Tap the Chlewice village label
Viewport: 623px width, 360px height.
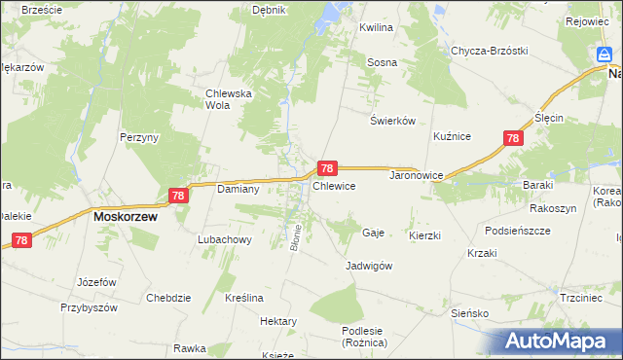pyautogui.click(x=333, y=185)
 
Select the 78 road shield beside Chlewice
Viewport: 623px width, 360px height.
pyautogui.click(x=328, y=168)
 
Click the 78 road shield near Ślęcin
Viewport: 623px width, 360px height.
pyautogui.click(x=513, y=139)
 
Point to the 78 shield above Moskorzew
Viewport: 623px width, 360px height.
pyautogui.click(x=177, y=196)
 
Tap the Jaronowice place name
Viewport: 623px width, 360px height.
pyautogui.click(x=417, y=176)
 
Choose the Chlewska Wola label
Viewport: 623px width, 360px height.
pyautogui.click(x=229, y=99)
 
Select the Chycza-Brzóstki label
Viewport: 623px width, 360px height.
pyautogui.click(x=489, y=51)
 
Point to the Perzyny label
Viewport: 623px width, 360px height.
pyautogui.click(x=139, y=138)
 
